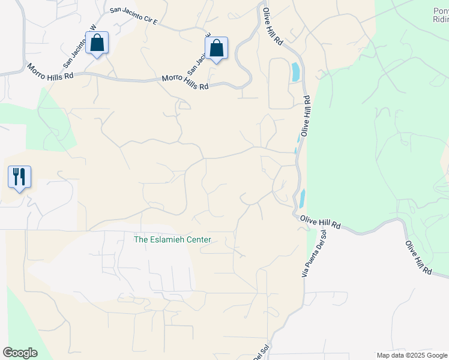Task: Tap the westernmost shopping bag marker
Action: coord(97,44)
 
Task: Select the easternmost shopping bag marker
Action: coord(216,49)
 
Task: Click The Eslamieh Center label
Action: coord(172,239)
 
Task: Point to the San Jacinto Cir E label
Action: coord(133,16)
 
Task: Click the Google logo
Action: coord(20,353)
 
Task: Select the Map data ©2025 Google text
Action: coord(412,355)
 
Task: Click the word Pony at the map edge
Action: coord(441,11)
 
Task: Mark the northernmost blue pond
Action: coord(295,72)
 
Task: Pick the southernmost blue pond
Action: coord(301,197)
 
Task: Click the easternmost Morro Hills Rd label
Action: coord(185,83)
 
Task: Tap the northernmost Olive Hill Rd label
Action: coord(271,26)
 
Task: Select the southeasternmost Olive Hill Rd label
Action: coord(419,257)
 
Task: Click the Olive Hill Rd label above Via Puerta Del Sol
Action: coord(320,223)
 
